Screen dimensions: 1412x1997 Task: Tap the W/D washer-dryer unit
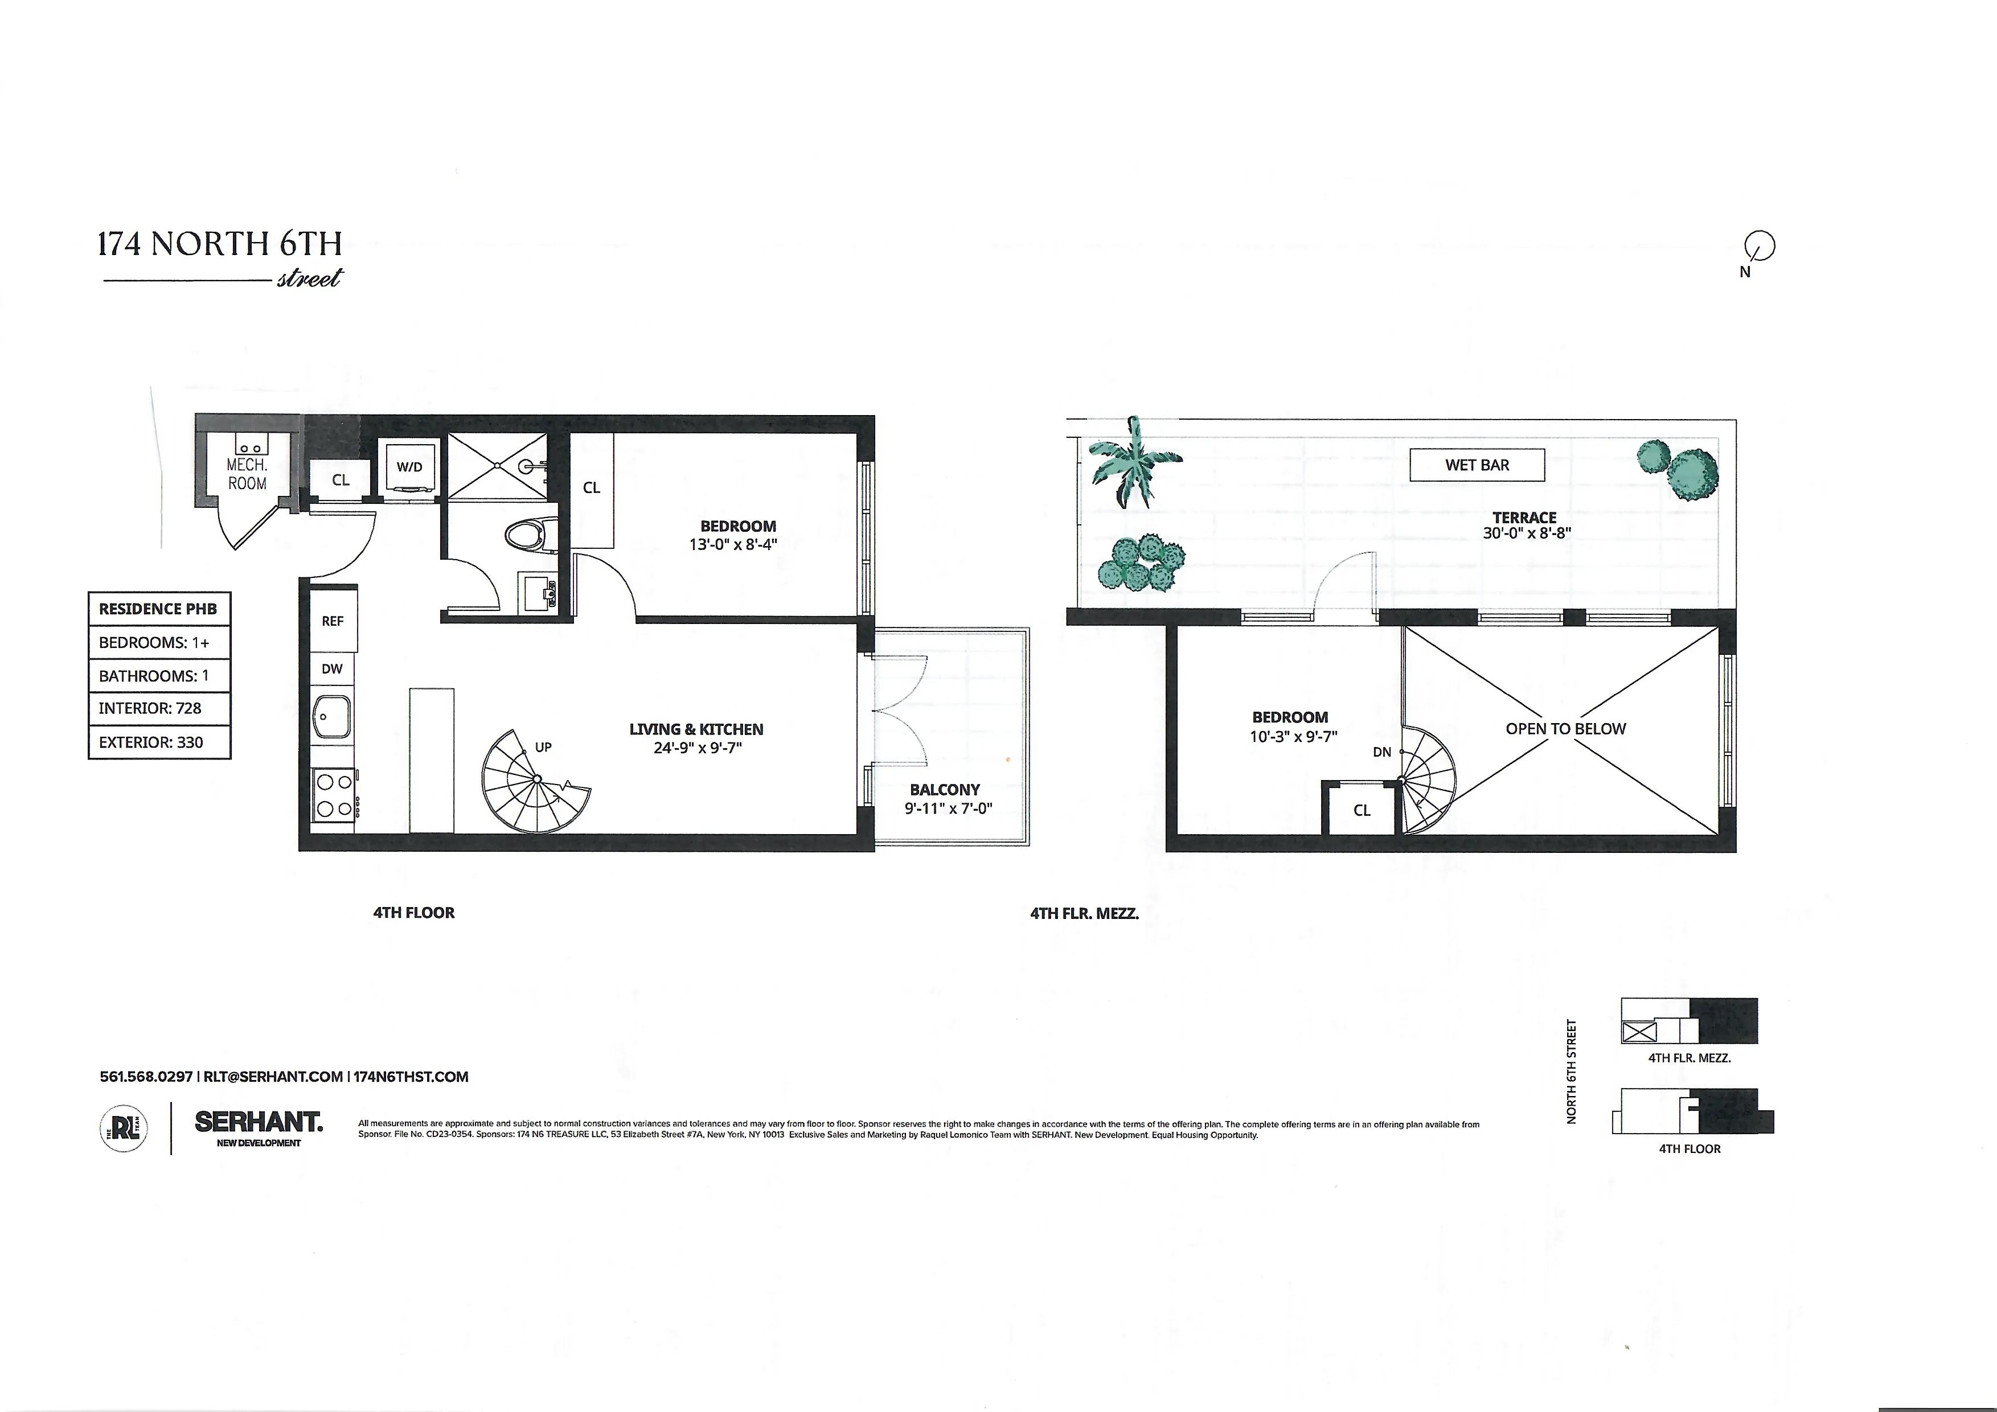[409, 467]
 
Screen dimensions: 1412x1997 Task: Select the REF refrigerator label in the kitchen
[332, 621]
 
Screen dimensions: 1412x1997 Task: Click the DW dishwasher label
[332, 668]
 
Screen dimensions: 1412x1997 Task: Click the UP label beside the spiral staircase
[543, 747]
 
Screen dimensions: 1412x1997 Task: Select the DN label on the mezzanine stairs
[1382, 752]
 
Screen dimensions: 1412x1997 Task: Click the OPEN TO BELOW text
[1565, 729]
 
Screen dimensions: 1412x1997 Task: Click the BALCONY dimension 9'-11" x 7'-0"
[948, 808]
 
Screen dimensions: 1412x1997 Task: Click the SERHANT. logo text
[259, 1122]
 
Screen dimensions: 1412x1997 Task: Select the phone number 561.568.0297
[146, 1077]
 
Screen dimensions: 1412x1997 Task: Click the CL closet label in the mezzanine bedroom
[1361, 810]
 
